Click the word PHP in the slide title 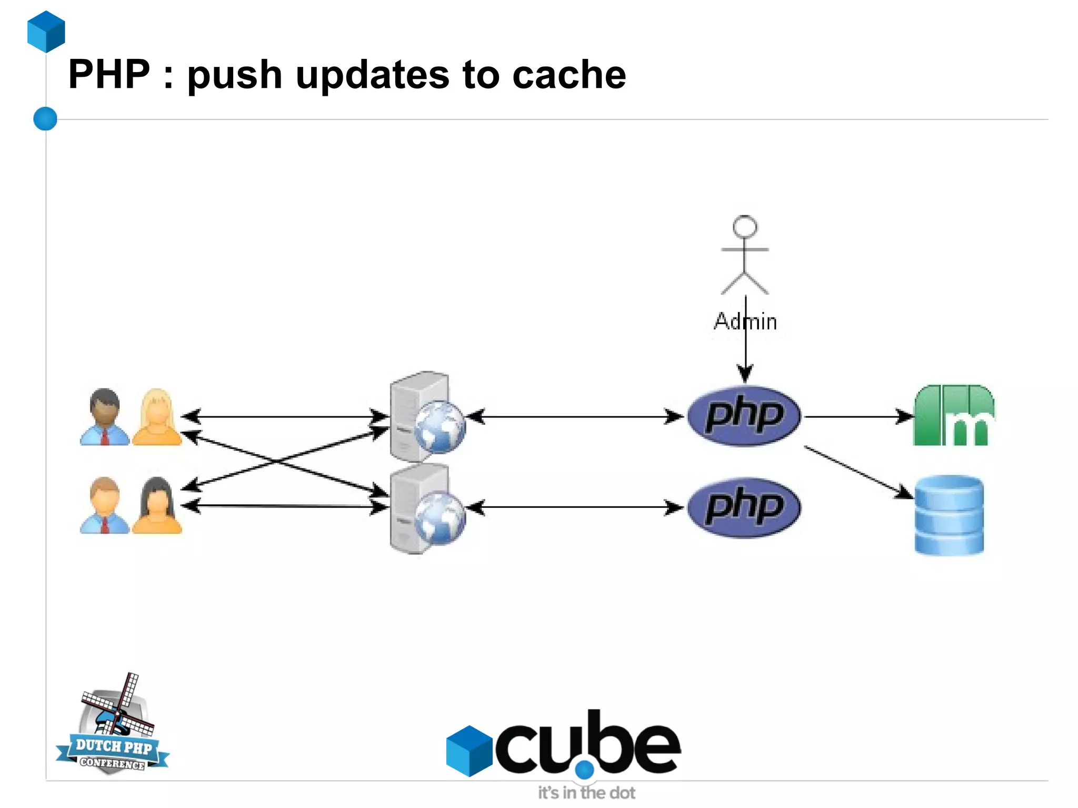pos(109,74)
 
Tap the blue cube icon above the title pos(46,32)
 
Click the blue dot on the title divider pos(45,118)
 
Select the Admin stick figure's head pos(745,226)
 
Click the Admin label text pos(745,322)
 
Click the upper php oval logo pos(744,416)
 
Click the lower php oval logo pos(744,507)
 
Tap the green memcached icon pos(953,416)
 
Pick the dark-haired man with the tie pos(105,417)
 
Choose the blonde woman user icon pos(157,417)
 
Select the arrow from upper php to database pos(858,472)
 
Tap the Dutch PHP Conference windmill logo pos(113,725)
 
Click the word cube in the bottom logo pos(587,745)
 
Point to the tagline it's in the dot pos(586,793)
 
